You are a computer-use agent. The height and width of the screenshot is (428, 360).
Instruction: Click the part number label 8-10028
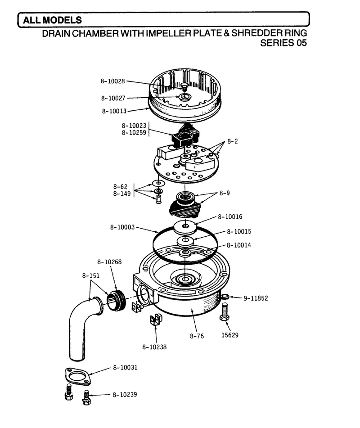[112, 81]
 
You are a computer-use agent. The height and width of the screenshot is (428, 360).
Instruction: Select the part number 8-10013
[114, 111]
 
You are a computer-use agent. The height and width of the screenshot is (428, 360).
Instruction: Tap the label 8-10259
[134, 133]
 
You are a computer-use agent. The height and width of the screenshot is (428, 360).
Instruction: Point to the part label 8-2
[233, 141]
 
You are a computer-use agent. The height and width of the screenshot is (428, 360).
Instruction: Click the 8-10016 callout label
[230, 217]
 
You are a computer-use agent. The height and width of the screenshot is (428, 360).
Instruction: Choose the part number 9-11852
[256, 298]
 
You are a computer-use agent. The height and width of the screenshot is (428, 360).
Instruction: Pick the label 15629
[230, 335]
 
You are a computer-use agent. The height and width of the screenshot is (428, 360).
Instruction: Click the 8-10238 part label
[154, 347]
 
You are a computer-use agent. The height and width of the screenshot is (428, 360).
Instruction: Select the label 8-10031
[125, 367]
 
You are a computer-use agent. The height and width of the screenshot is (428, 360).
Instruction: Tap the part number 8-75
[197, 336]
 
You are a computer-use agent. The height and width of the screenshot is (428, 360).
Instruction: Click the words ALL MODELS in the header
[52, 20]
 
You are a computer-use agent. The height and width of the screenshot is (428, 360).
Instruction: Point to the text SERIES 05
[283, 43]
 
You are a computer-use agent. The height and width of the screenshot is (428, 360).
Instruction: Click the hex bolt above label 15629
[224, 312]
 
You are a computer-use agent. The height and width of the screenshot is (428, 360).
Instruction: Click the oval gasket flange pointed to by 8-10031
[78, 377]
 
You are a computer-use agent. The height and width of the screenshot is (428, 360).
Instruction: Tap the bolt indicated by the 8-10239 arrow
[86, 397]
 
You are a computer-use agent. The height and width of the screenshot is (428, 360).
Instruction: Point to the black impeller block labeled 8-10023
[185, 135]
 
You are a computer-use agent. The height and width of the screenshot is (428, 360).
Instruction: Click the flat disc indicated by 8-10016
[185, 226]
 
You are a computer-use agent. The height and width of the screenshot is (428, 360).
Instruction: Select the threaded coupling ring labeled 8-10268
[116, 301]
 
